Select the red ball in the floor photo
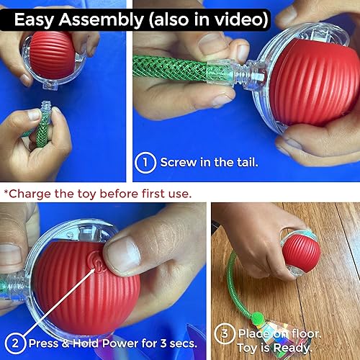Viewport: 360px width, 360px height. (301, 250)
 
